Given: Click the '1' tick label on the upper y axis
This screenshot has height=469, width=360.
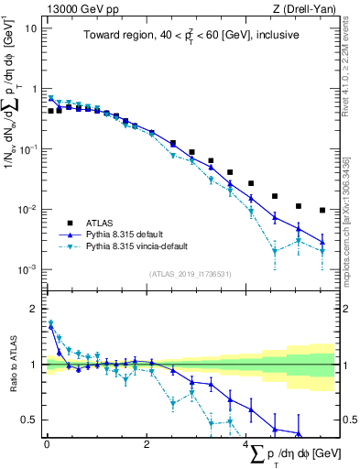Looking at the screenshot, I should tap(35, 89).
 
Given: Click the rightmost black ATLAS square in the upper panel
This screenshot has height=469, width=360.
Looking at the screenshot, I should tap(322, 210).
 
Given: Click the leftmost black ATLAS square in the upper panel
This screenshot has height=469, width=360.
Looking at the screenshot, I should tap(51, 111).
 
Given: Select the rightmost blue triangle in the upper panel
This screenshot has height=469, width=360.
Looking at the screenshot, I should tap(322, 242).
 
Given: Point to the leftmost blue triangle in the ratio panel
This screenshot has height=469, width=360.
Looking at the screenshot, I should tap(51, 323).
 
